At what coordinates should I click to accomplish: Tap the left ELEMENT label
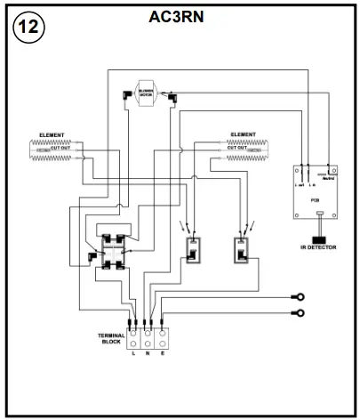[53, 135]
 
